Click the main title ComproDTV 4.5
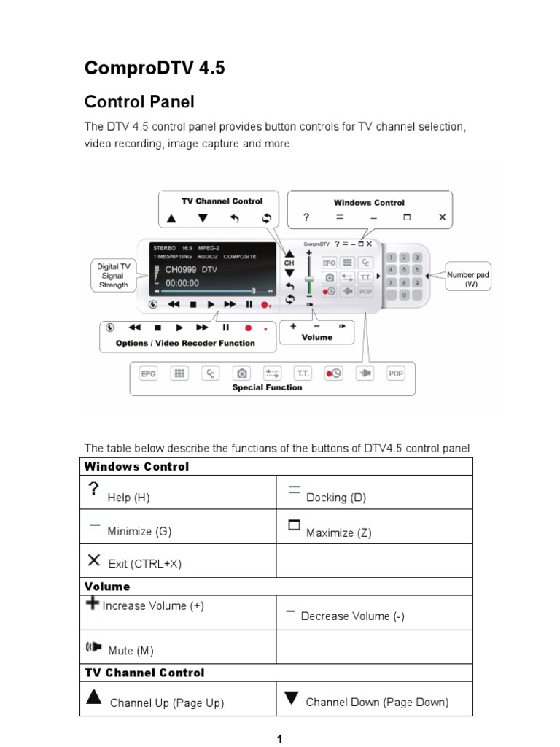point(155,69)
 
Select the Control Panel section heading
point(139,101)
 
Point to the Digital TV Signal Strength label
point(113,276)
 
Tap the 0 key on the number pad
point(404,295)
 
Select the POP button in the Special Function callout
point(395,373)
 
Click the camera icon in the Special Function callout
point(241,373)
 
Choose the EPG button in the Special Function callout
point(148,373)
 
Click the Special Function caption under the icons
point(267,388)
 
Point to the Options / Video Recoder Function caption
point(185,343)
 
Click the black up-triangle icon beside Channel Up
point(93,697)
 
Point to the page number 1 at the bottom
point(279,739)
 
